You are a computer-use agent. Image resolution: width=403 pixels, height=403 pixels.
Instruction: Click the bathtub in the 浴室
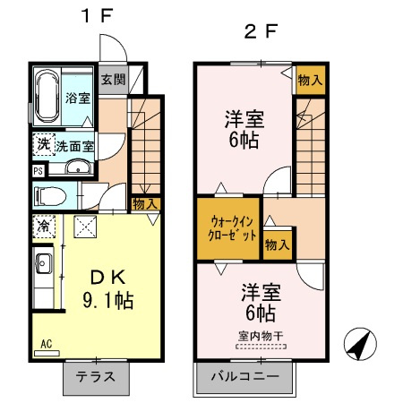tap(47, 96)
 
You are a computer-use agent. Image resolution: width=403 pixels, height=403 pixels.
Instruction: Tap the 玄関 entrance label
tap(113, 80)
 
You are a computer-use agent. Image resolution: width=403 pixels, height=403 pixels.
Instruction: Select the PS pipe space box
tap(39, 171)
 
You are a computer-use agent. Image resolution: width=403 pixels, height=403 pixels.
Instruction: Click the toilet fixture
tap(49, 196)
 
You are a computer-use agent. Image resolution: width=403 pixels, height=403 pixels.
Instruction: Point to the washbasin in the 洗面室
tap(78, 167)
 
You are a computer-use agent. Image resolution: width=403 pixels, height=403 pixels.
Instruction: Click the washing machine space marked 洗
tap(44, 145)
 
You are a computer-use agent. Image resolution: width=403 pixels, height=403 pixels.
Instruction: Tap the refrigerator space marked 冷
tap(44, 227)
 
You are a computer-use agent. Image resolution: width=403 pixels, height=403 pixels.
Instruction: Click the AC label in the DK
tap(47, 344)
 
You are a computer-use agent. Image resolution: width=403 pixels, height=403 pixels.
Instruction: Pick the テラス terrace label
tap(96, 377)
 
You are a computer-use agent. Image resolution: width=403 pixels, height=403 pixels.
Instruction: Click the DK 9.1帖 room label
tap(108, 289)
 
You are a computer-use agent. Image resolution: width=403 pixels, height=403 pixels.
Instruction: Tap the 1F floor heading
tap(98, 15)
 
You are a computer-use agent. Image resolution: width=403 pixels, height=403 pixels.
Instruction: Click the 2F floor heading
tap(261, 31)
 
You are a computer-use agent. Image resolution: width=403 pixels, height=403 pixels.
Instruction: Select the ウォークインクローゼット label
tap(232, 229)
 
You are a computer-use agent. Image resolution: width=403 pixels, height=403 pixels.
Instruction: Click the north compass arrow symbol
tap(360, 344)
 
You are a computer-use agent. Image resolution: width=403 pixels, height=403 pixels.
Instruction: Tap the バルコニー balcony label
tap(244, 376)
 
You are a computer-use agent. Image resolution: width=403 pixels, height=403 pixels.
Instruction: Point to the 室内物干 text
tap(261, 336)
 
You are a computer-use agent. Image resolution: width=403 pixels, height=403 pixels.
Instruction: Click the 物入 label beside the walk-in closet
tap(278, 245)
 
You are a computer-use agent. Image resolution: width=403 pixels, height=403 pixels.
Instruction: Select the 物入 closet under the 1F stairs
tap(145, 204)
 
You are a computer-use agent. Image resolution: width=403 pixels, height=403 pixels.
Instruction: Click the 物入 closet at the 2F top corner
tap(310, 80)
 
